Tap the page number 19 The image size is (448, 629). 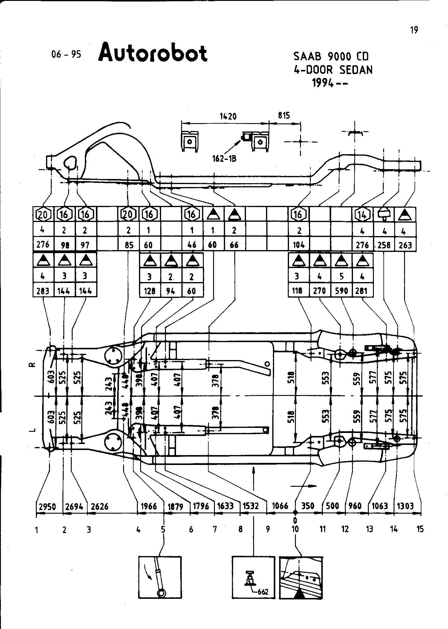(414, 30)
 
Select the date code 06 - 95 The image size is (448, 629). (66, 54)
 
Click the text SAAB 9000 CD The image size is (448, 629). (331, 56)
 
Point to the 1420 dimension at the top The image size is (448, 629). (228, 116)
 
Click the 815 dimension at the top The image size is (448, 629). (284, 115)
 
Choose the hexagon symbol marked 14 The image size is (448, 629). (363, 214)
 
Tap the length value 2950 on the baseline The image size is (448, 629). (48, 506)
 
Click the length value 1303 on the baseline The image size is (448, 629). (405, 506)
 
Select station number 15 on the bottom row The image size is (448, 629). (420, 529)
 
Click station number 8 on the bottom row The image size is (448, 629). (241, 529)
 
